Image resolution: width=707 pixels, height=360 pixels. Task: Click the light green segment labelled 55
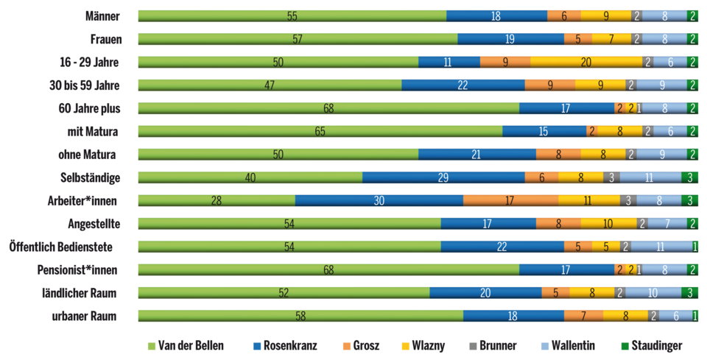292,15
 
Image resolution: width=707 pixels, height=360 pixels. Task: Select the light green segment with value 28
216,200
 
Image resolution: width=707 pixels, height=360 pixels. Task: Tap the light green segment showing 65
320,131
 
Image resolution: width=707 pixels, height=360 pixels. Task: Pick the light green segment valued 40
250,177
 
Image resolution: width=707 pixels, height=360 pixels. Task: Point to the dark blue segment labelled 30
379,200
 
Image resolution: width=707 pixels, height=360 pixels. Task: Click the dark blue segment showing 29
443,177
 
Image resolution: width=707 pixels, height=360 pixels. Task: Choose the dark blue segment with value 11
449,62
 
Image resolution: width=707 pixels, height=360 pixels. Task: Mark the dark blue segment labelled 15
544,131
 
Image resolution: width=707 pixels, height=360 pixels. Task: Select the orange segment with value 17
510,200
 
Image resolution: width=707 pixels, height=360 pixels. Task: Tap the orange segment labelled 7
583,316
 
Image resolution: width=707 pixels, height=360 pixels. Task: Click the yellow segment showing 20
586,62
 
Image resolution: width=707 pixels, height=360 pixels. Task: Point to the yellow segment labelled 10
608,224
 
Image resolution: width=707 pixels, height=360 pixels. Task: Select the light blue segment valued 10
653,293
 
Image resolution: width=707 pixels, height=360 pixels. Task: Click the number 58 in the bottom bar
300,316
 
